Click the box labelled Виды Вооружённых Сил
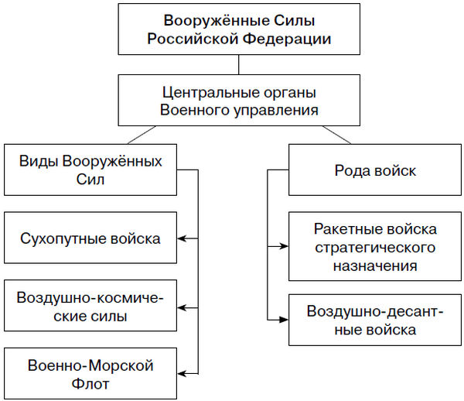pyautogui.click(x=90, y=170)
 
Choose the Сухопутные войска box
pyautogui.click(x=90, y=238)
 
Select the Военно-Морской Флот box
pyautogui.click(x=90, y=374)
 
